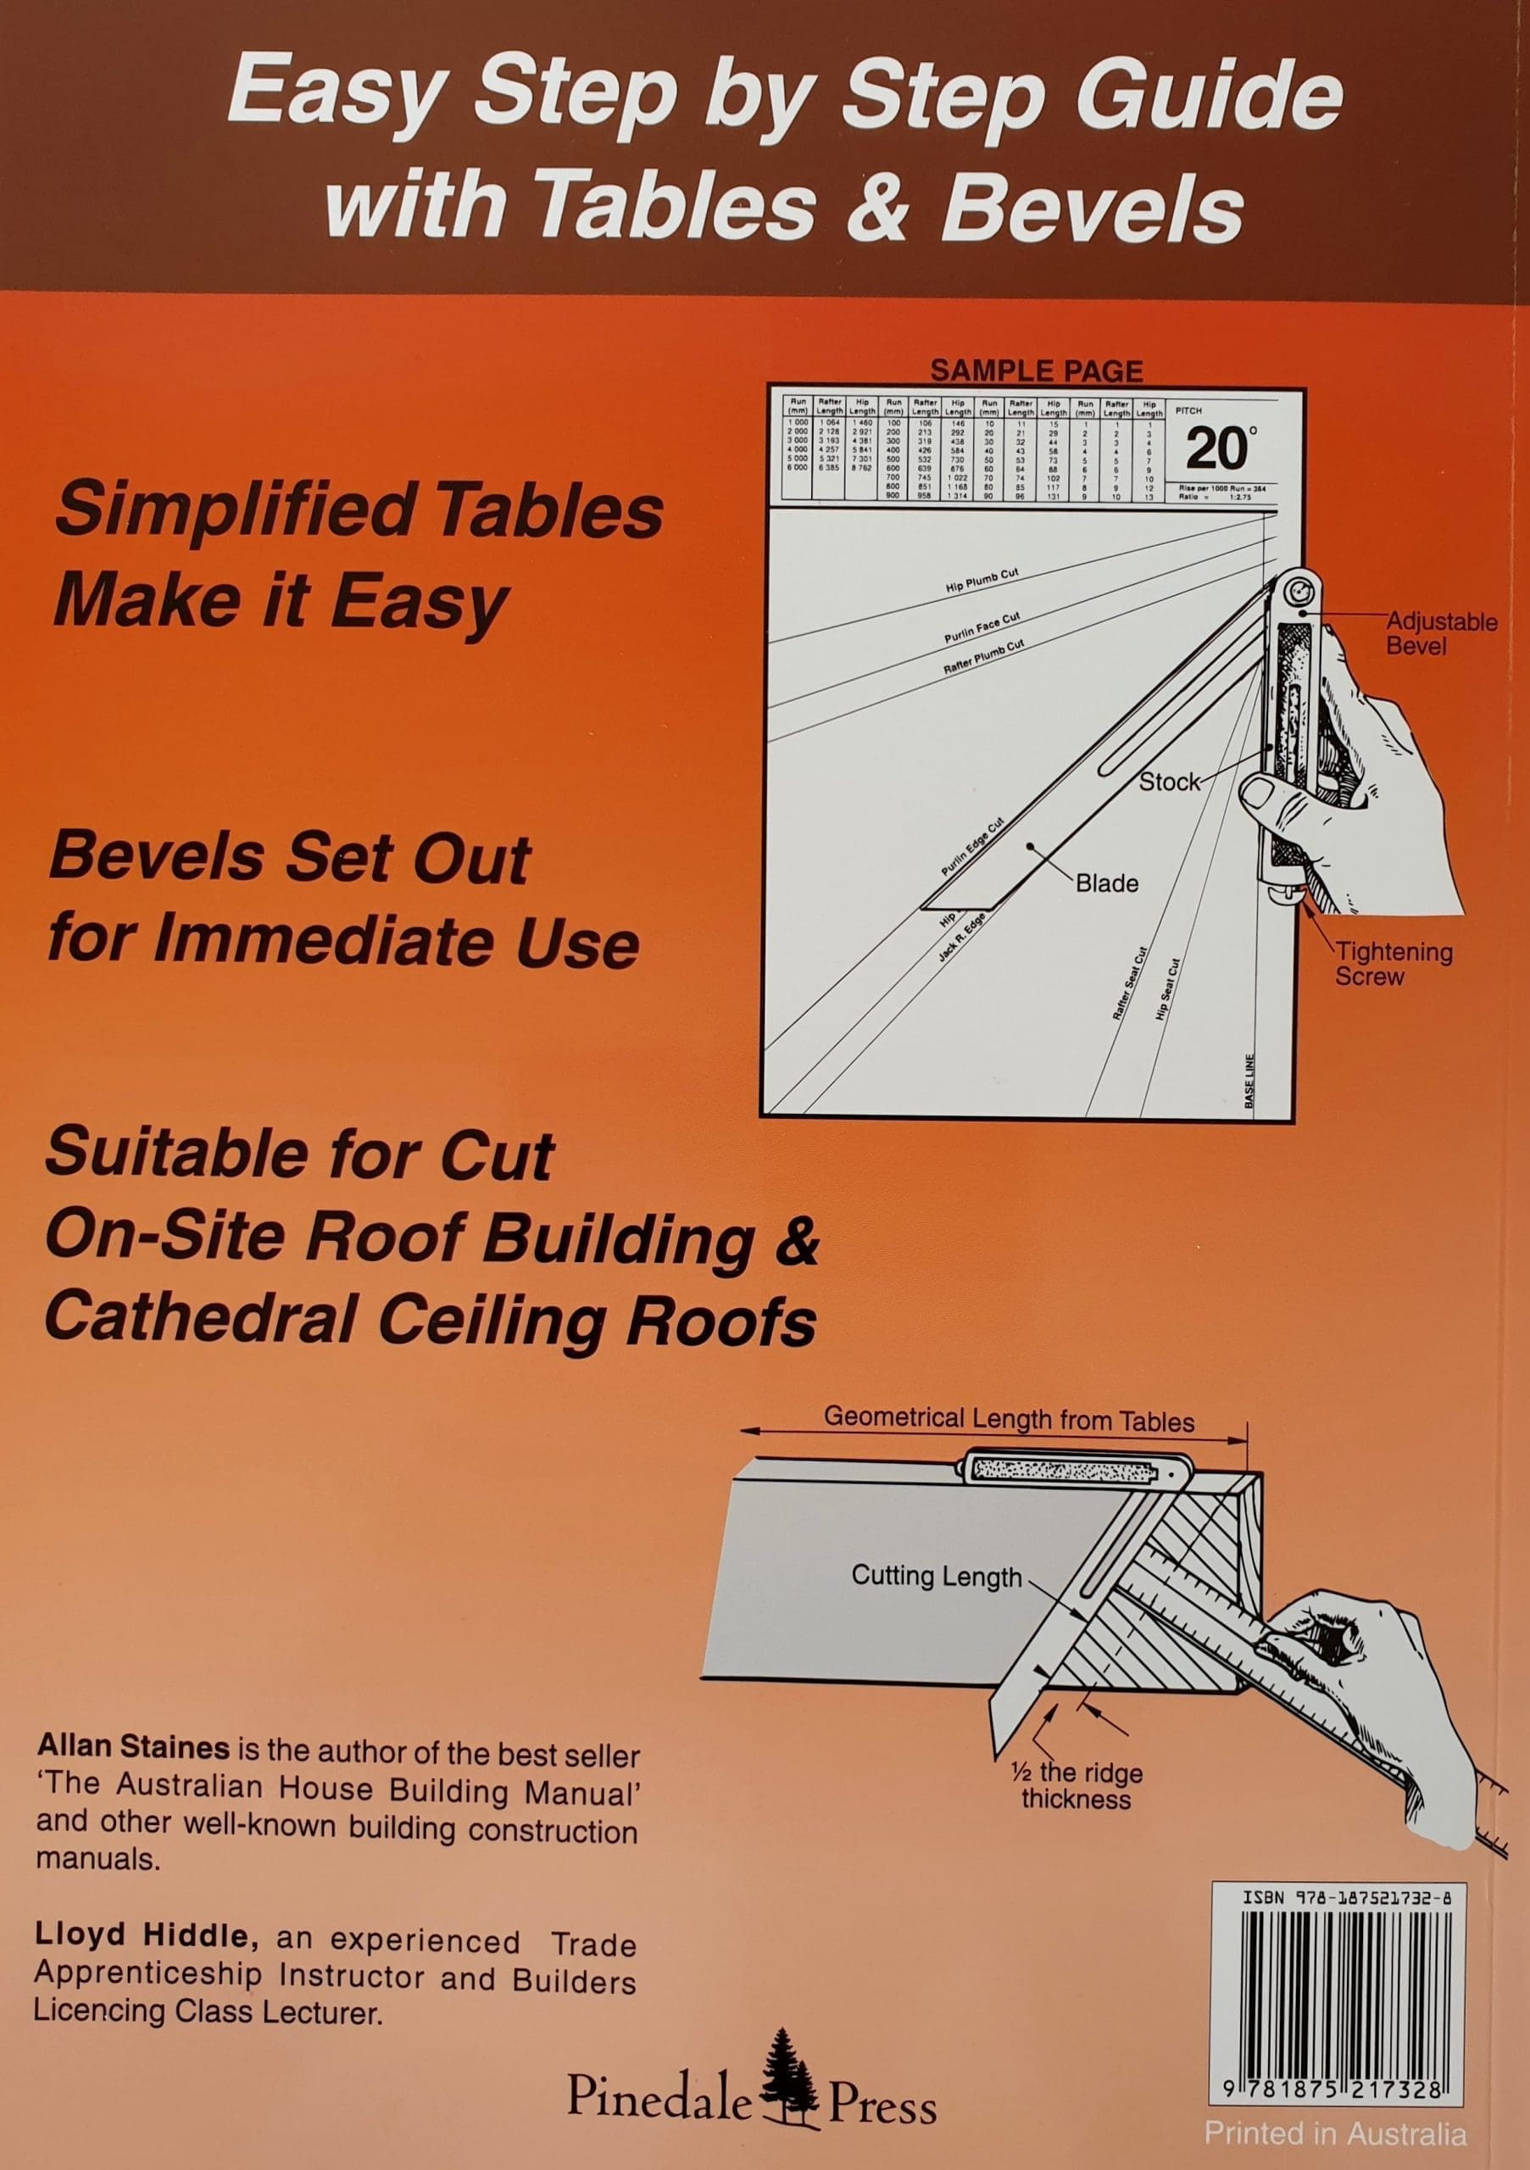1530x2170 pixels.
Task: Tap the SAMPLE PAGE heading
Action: point(1036,370)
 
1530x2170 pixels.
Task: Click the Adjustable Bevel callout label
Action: point(1440,633)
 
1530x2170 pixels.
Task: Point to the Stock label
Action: point(1168,782)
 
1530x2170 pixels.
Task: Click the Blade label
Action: point(1107,884)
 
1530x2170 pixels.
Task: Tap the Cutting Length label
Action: point(936,1576)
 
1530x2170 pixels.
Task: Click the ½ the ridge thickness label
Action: point(1076,1785)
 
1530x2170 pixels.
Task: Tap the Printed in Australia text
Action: point(1334,2134)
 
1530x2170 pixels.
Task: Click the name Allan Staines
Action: point(132,1749)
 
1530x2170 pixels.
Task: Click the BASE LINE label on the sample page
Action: point(1249,1080)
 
